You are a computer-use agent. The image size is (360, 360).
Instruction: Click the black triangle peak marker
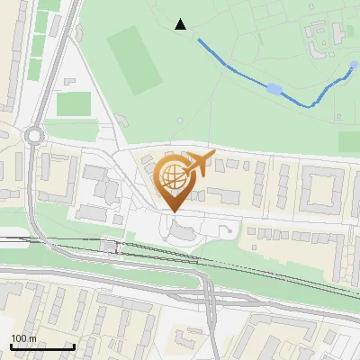click(x=181, y=24)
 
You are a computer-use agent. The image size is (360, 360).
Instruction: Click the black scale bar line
click(x=42, y=346)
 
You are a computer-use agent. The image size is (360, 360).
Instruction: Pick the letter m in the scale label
click(x=31, y=338)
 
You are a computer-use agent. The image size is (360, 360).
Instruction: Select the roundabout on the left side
click(x=35, y=136)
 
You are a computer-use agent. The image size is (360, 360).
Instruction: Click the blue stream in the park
click(x=225, y=58)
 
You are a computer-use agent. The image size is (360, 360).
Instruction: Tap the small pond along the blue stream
click(x=274, y=88)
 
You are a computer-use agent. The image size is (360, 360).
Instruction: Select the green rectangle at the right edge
click(x=349, y=142)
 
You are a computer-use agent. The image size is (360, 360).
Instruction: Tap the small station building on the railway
click(x=111, y=246)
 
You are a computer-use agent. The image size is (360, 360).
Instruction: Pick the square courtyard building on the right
click(x=322, y=190)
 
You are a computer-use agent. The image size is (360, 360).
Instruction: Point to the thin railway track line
click(x=270, y=271)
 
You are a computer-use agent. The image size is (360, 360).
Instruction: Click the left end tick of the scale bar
click(x=12, y=346)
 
